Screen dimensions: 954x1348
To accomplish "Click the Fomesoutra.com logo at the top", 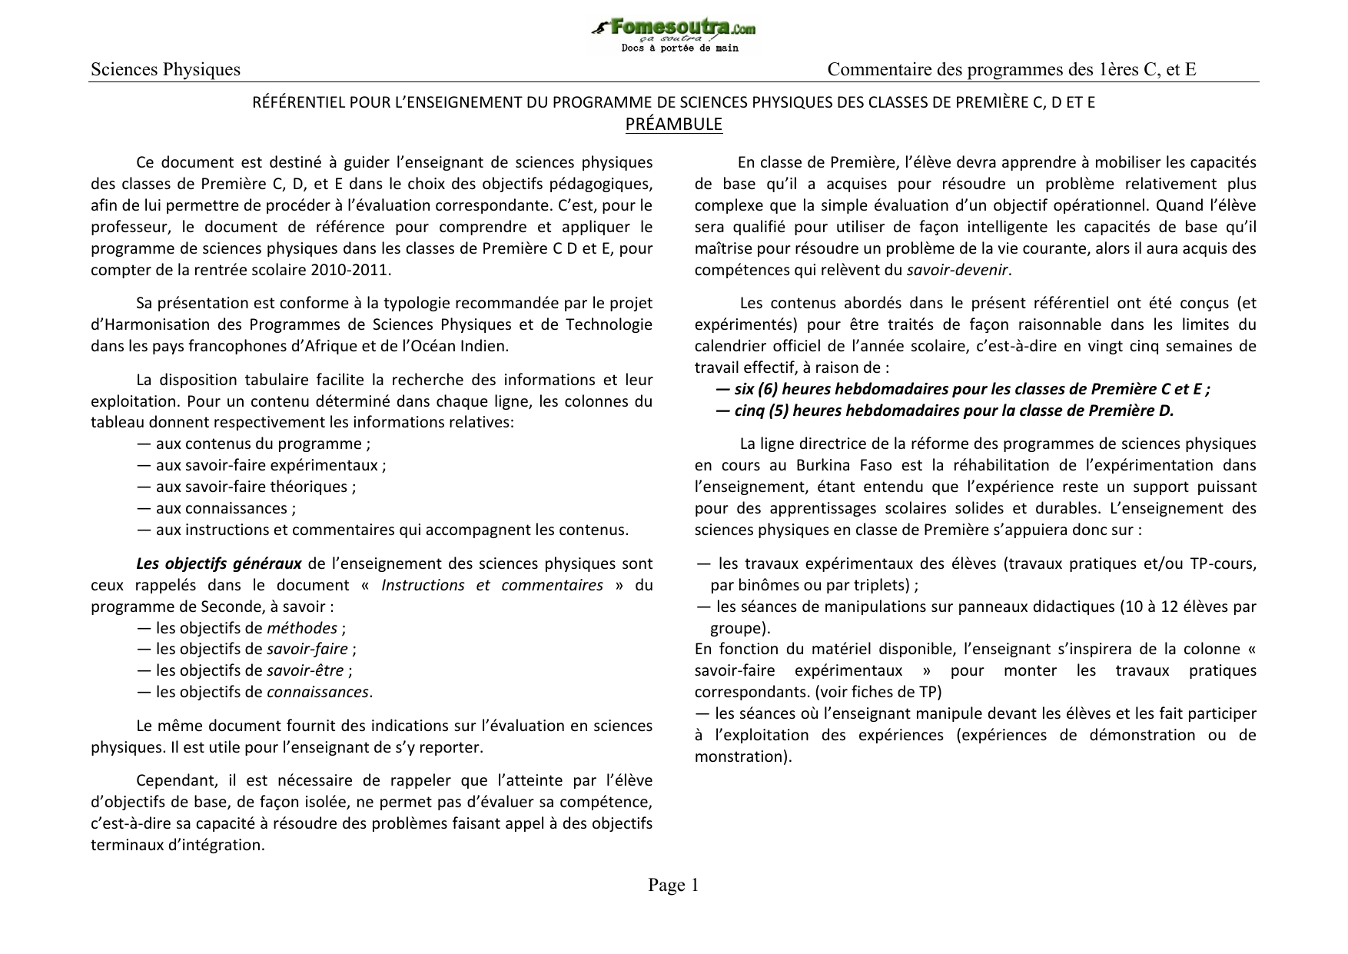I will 673,29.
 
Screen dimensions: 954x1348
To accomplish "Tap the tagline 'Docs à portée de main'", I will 679,48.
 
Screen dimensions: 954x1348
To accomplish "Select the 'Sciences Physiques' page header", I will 165,70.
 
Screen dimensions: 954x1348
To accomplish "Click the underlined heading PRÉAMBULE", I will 673,125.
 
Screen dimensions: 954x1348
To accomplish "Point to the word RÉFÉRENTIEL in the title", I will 291,102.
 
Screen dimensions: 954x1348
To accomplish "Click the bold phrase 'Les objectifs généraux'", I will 218,563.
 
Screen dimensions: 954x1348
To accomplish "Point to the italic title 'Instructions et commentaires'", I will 492,585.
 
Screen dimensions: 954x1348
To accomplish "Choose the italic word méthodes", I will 302,628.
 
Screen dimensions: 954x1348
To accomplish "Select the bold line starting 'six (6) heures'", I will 962,389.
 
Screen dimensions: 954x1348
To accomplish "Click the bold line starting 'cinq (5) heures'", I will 945,411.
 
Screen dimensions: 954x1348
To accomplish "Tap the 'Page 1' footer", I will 673,886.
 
